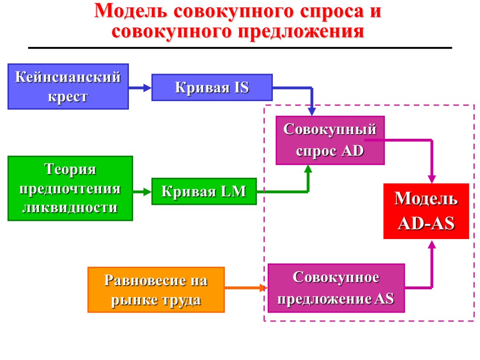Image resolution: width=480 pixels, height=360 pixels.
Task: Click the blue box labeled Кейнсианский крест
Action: (68, 86)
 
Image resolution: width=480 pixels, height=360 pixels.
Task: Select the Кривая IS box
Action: (212, 87)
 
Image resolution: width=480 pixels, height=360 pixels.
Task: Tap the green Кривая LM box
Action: (204, 191)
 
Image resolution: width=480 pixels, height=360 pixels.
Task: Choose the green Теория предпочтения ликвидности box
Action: (70, 188)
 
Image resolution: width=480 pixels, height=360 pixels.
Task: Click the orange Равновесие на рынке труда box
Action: (156, 289)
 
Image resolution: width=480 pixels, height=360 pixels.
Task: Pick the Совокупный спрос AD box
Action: (330, 140)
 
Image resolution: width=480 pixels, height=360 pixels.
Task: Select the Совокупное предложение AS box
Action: (336, 288)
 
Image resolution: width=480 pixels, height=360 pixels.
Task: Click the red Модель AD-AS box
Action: (426, 211)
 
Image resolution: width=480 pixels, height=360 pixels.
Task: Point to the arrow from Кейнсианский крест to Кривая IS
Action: (140, 87)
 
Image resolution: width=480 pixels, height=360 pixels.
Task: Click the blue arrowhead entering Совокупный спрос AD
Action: (312, 112)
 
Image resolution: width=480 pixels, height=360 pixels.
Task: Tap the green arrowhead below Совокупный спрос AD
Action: (308, 170)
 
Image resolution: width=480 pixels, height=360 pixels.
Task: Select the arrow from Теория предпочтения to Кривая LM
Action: (142, 191)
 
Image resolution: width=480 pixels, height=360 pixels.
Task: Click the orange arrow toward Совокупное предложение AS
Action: (246, 287)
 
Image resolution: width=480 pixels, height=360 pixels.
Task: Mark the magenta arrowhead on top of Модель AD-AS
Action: (432, 179)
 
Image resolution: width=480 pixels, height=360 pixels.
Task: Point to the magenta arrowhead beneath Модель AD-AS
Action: (432, 244)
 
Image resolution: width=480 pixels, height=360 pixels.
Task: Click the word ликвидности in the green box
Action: (70, 207)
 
